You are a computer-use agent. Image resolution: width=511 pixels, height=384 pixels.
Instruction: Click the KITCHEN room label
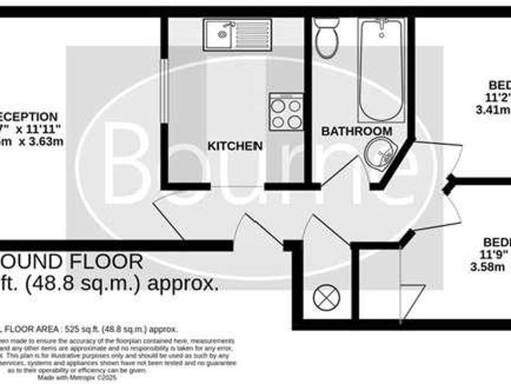pos(235,146)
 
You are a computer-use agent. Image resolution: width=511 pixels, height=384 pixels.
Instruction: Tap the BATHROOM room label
pos(357,131)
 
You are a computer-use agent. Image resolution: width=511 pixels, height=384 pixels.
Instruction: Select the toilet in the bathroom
pos(327,38)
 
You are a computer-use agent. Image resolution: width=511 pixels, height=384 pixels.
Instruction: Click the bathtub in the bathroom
pos(381,68)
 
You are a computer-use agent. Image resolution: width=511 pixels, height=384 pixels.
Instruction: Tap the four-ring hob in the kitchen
pos(285,111)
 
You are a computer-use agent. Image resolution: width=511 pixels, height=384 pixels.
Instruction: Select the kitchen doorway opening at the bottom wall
pos(238,187)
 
